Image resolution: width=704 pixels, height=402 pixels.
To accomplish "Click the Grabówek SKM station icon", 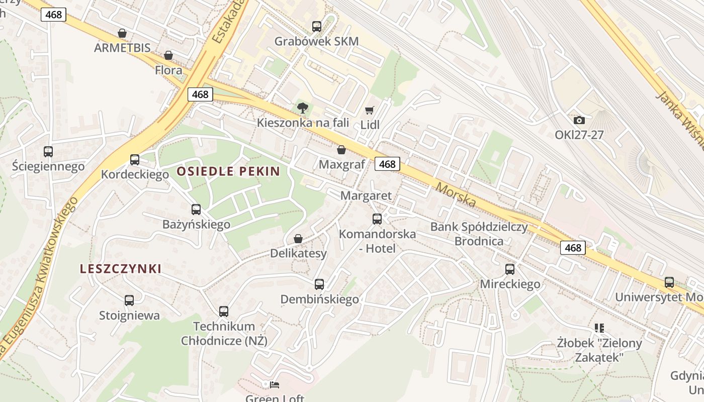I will (x=316, y=27).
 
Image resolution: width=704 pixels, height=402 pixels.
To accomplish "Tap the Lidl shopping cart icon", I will (x=370, y=110).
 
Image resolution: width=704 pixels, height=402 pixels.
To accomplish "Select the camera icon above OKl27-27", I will (x=579, y=120).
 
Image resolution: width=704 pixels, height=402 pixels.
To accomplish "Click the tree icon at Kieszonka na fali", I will (x=303, y=108).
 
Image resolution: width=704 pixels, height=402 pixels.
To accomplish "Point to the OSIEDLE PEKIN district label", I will (x=228, y=171).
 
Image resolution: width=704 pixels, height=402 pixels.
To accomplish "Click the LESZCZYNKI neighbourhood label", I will (x=121, y=269).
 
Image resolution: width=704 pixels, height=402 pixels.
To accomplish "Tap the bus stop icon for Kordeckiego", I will (x=135, y=160).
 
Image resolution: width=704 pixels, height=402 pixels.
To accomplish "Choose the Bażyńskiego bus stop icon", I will (x=196, y=210).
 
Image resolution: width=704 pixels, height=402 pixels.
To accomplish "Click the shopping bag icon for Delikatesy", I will (x=298, y=239).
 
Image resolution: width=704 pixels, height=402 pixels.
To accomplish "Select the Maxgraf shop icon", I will (x=341, y=150).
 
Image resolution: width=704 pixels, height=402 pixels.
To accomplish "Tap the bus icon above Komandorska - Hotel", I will (x=377, y=219).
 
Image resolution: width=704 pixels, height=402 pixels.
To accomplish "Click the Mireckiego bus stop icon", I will (x=510, y=269).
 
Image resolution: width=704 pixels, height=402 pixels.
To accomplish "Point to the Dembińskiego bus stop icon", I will (x=319, y=284).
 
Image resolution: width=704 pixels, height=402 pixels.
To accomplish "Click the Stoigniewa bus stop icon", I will (x=129, y=300).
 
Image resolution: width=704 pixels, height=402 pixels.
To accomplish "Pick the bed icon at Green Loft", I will (x=275, y=385).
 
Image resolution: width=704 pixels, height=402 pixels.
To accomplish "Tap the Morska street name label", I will (x=456, y=194).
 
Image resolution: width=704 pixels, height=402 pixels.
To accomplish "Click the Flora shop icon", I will (x=168, y=55).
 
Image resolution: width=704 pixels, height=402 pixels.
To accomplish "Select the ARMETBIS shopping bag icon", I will (x=122, y=33).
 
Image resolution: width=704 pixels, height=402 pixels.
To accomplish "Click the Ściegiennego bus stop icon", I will (x=48, y=151).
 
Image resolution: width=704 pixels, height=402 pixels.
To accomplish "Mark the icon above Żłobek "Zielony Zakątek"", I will (x=599, y=328).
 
